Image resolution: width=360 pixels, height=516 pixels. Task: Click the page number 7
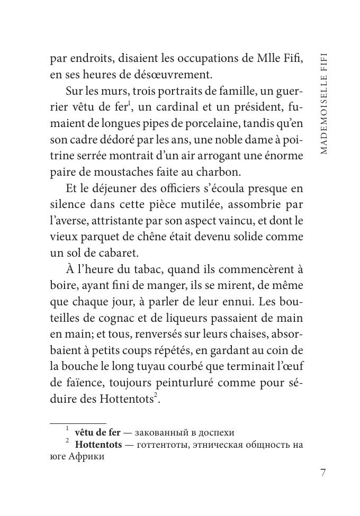coord(324,473)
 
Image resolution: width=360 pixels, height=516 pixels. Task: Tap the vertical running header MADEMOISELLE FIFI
coord(324,103)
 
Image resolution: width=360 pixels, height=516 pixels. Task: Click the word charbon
coord(216,172)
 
